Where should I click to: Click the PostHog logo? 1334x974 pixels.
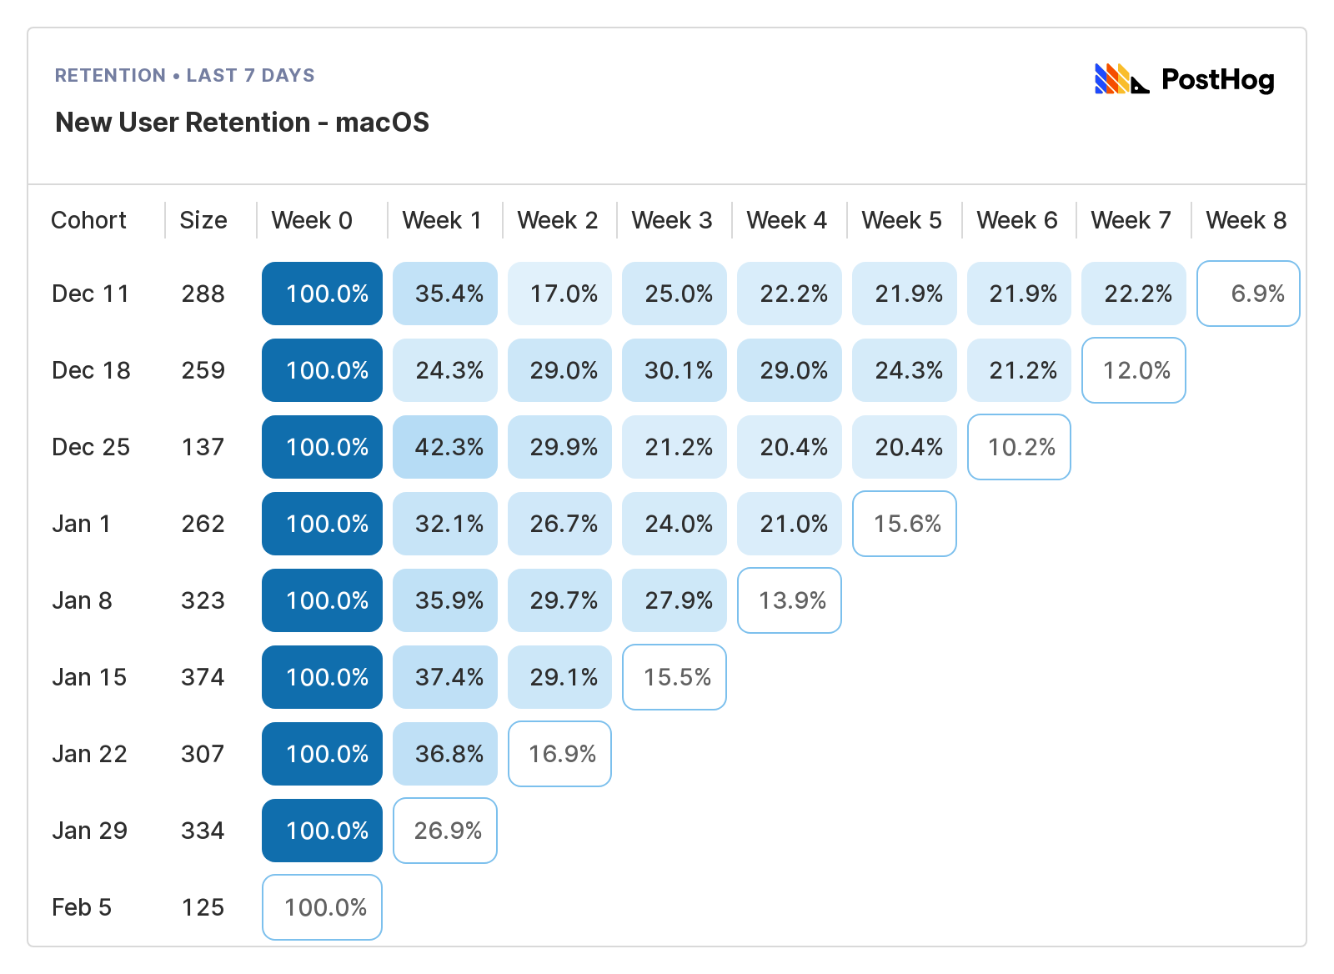(1184, 79)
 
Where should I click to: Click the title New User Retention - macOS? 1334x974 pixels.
(242, 123)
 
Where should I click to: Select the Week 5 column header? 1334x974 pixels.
(901, 220)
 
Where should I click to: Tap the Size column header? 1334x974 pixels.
(203, 220)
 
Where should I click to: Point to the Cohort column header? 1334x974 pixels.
(88, 220)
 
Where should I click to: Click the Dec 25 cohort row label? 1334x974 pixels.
(91, 447)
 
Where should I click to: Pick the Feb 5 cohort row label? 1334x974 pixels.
(82, 907)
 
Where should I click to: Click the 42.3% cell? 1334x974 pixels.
(445, 447)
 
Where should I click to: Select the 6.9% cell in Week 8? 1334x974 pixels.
(1248, 294)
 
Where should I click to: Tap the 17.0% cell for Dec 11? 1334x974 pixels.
(560, 294)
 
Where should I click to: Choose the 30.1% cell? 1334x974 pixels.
(675, 370)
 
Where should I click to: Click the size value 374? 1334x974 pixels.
(203, 677)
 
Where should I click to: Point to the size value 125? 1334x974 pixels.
(203, 907)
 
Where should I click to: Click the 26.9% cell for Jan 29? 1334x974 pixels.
(445, 831)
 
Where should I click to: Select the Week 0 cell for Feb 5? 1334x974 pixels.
(322, 907)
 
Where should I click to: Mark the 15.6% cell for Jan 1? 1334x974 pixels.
(905, 524)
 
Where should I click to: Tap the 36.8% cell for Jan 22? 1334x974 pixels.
(445, 754)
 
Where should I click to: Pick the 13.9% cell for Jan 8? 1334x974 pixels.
(790, 600)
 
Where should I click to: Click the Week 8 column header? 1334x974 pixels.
(1246, 220)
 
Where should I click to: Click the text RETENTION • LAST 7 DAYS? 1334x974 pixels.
(184, 75)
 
